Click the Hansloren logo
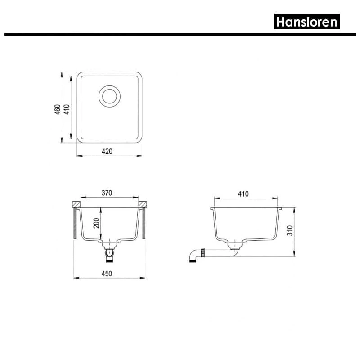click(x=307, y=21)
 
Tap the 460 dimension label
click(x=58, y=109)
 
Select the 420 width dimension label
click(x=107, y=152)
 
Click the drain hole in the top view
click(x=109, y=96)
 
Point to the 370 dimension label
click(x=107, y=193)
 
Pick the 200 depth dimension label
click(x=96, y=223)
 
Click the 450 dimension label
click(x=107, y=274)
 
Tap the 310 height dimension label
click(x=290, y=230)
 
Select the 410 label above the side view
click(x=243, y=194)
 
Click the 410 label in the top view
click(x=67, y=109)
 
